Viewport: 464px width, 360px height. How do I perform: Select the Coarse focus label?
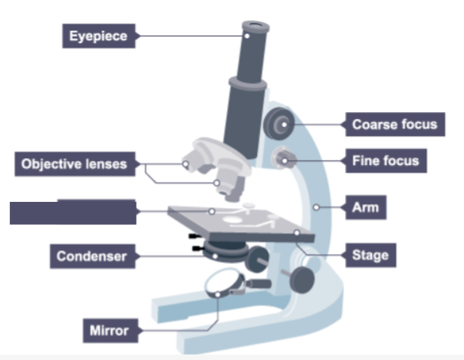click(x=394, y=124)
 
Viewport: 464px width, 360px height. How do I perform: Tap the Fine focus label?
click(x=386, y=161)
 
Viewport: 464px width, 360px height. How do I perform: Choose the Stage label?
click(x=370, y=255)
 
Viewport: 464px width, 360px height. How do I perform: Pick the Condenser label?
click(x=91, y=256)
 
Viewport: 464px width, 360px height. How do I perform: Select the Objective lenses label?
click(x=74, y=163)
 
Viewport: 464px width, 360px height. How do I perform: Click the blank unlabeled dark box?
click(x=73, y=211)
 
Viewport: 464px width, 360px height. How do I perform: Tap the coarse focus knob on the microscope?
click(x=280, y=122)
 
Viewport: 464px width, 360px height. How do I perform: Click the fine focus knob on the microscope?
click(x=285, y=159)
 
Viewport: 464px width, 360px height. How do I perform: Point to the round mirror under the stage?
click(x=225, y=286)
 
